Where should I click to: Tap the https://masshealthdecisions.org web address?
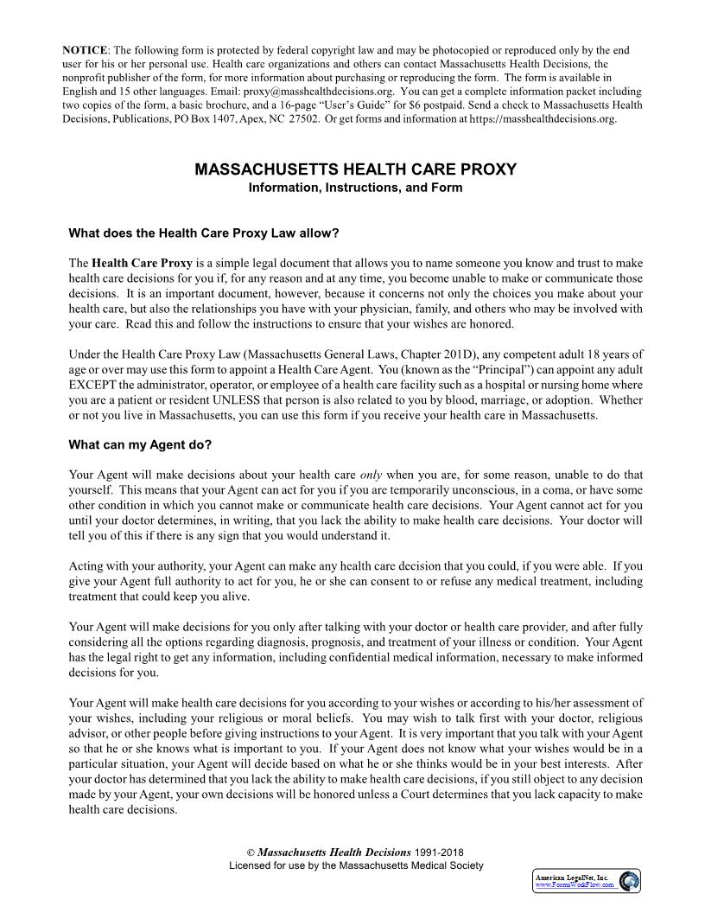[x=542, y=119]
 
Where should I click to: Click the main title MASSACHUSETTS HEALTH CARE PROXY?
[x=355, y=169]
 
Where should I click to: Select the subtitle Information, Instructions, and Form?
[x=355, y=188]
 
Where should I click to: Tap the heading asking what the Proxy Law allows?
[x=204, y=233]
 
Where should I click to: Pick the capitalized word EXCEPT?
[x=89, y=384]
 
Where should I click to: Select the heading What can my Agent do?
[x=140, y=445]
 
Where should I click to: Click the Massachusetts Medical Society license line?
[x=355, y=865]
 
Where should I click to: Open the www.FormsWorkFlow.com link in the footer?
[x=575, y=885]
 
